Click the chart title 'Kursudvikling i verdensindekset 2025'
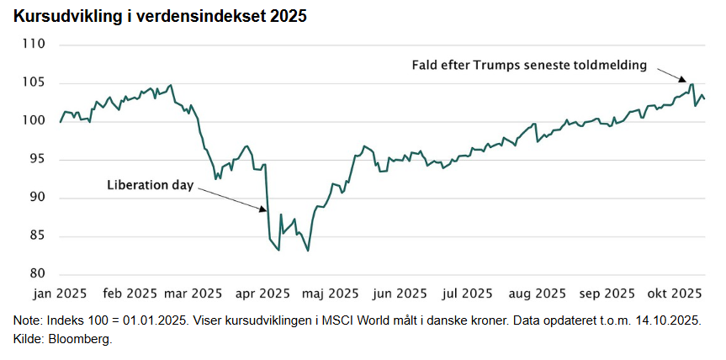coord(160,17)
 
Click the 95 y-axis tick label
coord(37,159)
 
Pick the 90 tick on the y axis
coord(37,198)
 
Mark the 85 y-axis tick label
coord(37,236)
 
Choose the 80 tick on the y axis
coord(37,274)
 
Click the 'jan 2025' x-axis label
coord(60,294)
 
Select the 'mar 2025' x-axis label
coord(193,294)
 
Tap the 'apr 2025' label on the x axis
coord(262,294)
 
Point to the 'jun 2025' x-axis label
coord(399,294)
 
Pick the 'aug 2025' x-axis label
coord(538,294)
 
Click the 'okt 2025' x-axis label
coord(674,294)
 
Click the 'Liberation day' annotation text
coord(150,185)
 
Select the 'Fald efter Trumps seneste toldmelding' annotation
coord(529,64)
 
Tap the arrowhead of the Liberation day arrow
coord(264,208)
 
